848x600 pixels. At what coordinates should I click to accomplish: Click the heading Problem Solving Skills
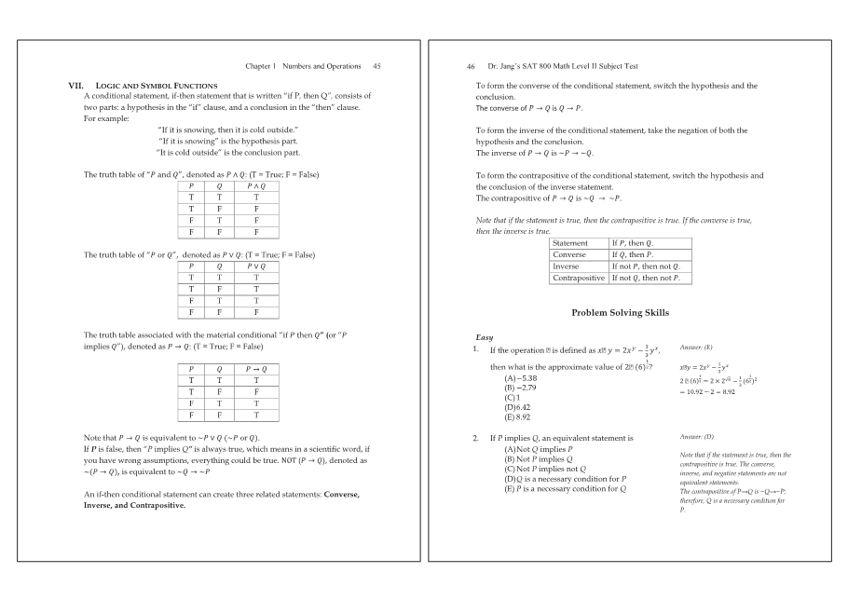pyautogui.click(x=620, y=312)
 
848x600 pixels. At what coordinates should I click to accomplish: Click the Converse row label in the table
pyautogui.click(x=569, y=254)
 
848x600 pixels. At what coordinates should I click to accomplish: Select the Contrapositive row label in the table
pyautogui.click(x=579, y=278)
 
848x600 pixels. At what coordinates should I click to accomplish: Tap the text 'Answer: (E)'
pyautogui.click(x=696, y=346)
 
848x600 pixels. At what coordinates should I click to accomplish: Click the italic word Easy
pyautogui.click(x=485, y=337)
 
